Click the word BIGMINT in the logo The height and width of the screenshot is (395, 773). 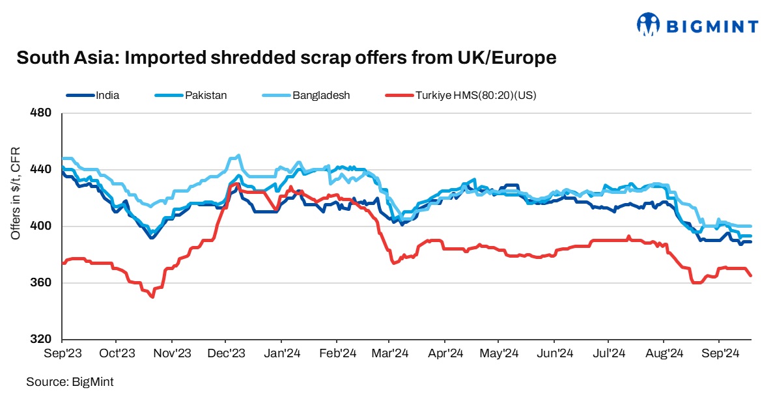click(712, 26)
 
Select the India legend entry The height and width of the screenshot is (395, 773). click(107, 95)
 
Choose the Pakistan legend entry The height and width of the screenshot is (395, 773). click(206, 95)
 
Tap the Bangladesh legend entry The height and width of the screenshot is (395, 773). click(321, 95)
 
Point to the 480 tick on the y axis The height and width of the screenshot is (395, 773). click(41, 113)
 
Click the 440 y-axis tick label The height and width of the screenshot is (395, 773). click(41, 170)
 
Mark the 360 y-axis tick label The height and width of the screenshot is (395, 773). click(41, 283)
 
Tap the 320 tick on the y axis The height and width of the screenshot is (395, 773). click(41, 340)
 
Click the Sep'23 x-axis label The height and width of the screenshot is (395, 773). click(62, 353)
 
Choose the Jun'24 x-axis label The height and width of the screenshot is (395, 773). click(554, 353)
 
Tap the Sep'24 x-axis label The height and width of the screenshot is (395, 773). click(718, 353)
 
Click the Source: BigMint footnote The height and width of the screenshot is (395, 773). click(65, 381)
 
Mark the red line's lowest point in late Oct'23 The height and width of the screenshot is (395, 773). click(152, 297)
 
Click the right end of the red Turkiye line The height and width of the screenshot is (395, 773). click(751, 276)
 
